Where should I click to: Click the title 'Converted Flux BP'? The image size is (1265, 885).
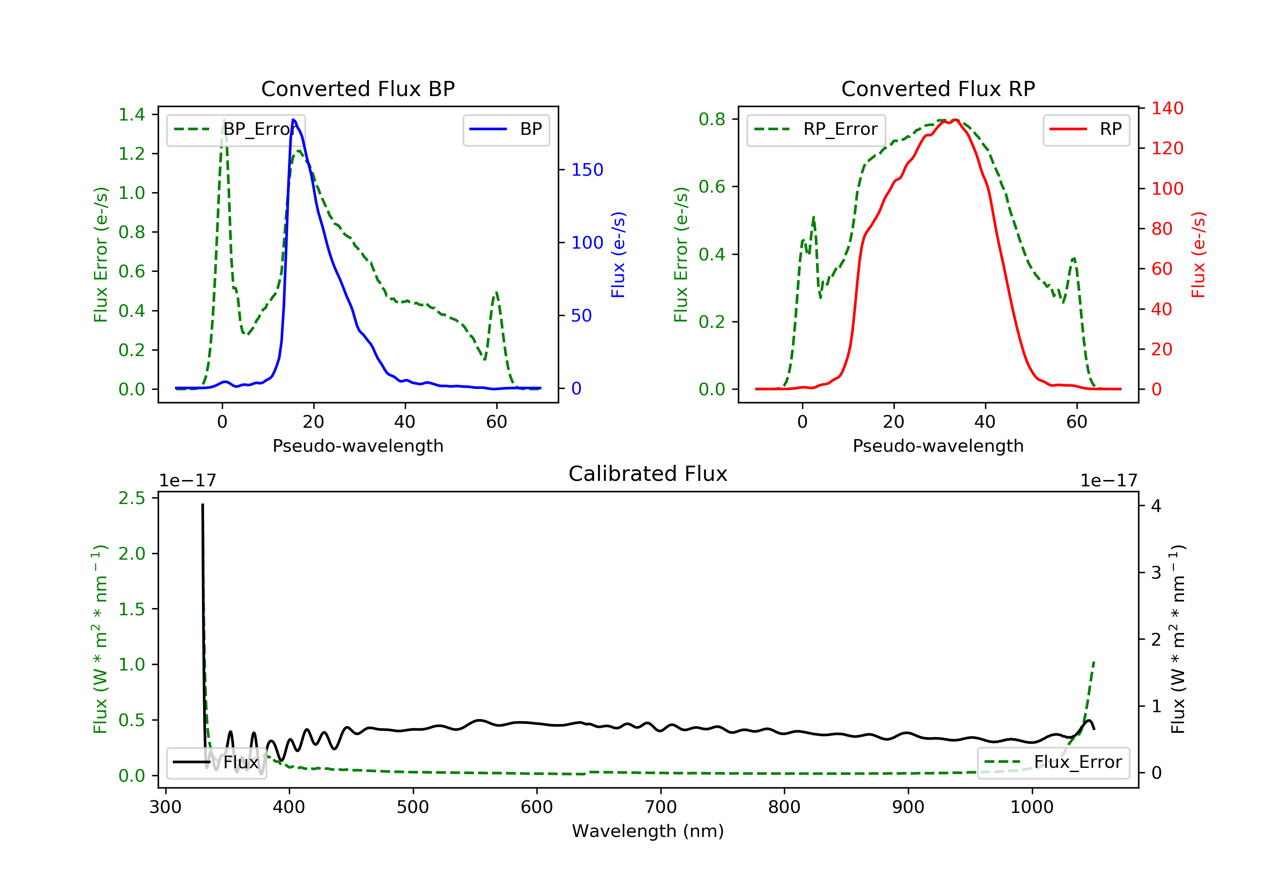click(358, 88)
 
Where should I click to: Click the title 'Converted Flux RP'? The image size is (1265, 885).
click(938, 88)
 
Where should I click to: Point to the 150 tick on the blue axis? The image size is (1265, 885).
click(587, 169)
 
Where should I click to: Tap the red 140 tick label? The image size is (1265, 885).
click(1167, 108)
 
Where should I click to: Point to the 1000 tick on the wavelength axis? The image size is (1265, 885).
click(1031, 807)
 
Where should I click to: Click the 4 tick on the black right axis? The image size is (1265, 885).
click(1156, 506)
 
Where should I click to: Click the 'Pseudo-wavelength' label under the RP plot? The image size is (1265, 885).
click(938, 445)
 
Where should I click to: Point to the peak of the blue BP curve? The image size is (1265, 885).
click(293, 120)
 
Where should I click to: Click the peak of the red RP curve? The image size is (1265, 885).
click(955, 120)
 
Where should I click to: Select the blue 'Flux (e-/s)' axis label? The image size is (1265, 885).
click(618, 255)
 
